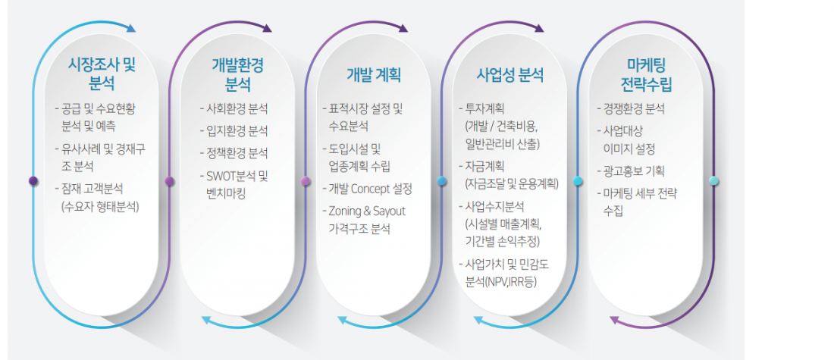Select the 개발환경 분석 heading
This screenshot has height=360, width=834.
click(x=238, y=74)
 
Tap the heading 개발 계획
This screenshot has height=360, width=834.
click(x=373, y=76)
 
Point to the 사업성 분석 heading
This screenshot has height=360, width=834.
click(x=509, y=76)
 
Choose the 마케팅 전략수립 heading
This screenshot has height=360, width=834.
click(x=646, y=74)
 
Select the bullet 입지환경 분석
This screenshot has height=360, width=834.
click(x=234, y=131)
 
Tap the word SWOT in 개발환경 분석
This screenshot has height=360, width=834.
click(x=220, y=176)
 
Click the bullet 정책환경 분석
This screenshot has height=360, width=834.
click(x=234, y=153)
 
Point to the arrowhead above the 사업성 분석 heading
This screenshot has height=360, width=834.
click(x=539, y=28)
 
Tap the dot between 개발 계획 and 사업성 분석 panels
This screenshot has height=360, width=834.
click(x=441, y=181)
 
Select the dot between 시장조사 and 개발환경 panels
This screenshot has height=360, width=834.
click(x=170, y=181)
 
